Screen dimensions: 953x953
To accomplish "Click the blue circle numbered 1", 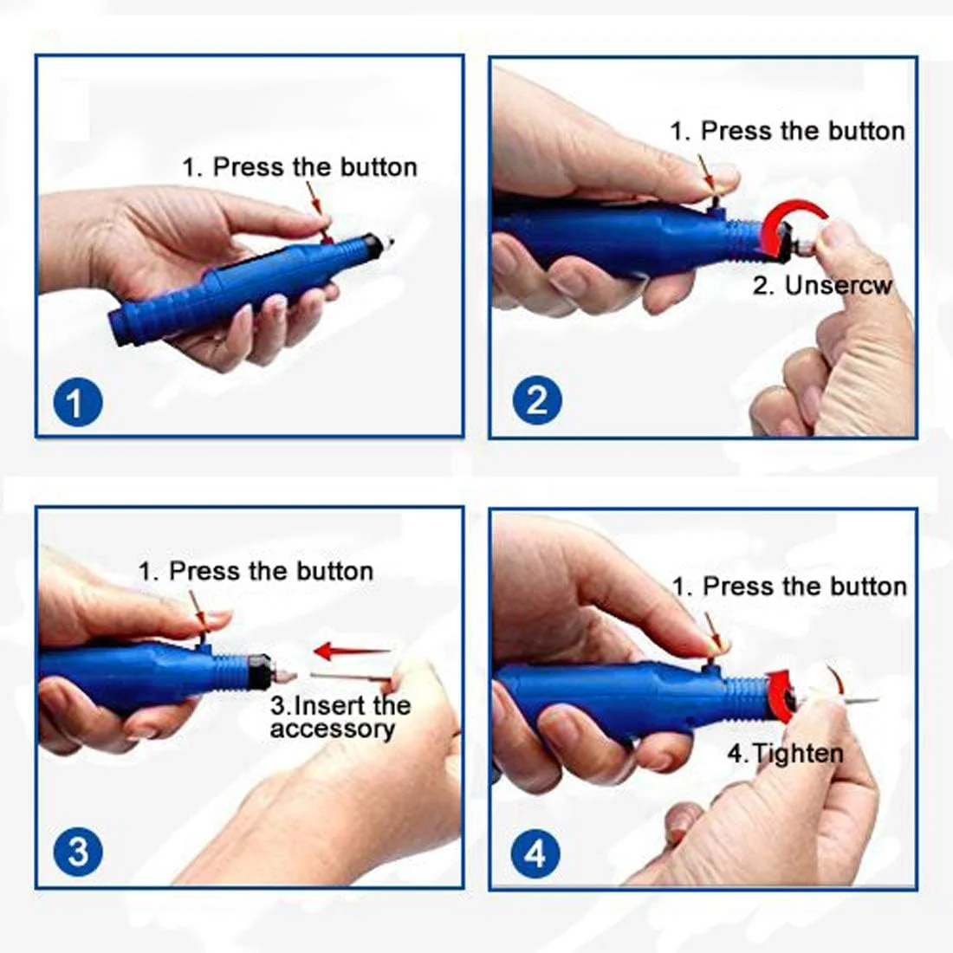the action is point(78,402).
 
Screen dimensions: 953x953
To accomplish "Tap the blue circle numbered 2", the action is point(536,400).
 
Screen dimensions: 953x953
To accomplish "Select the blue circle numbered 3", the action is point(78,852).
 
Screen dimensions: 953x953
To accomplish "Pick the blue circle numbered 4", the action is point(535,854).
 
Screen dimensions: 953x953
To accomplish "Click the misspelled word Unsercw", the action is point(838,286).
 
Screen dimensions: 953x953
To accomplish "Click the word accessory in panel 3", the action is point(333,729).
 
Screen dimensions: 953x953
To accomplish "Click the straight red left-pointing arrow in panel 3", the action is point(352,651).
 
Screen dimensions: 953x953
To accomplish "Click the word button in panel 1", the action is point(379,167).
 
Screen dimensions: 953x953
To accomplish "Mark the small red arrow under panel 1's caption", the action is point(319,209).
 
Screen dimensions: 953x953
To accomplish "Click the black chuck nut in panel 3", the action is point(261,671).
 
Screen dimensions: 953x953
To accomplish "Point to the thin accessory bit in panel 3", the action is point(351,676).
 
